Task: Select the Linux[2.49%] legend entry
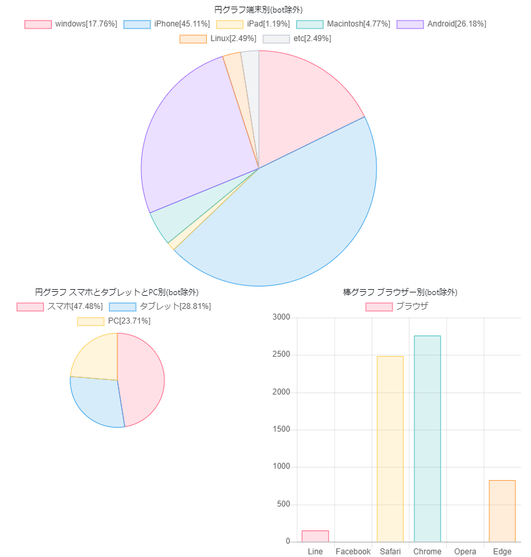[x=218, y=38]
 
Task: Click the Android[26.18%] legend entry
[x=441, y=24]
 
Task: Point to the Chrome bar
[x=427, y=438]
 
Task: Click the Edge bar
[x=502, y=511]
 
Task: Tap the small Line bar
[x=316, y=536]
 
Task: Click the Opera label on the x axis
[x=465, y=552]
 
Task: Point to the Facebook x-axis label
[x=353, y=552]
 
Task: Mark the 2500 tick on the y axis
[x=281, y=355]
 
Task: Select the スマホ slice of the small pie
[x=143, y=378]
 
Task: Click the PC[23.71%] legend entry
[x=114, y=321]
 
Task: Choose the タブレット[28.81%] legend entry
[x=160, y=306]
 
